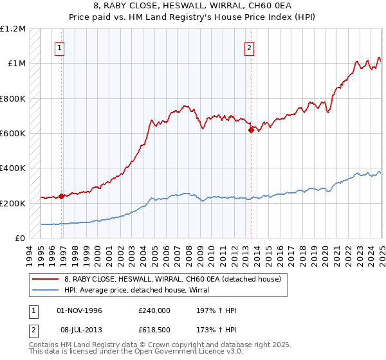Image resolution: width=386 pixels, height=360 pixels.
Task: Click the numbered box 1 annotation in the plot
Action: point(59,47)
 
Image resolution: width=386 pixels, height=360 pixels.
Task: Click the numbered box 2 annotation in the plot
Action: point(249,47)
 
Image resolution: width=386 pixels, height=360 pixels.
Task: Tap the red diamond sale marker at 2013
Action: point(251,130)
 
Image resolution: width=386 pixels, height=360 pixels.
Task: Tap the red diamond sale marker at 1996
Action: point(62,196)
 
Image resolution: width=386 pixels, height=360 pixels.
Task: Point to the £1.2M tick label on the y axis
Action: point(14,29)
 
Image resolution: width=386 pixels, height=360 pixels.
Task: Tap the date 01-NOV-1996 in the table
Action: point(80,310)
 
